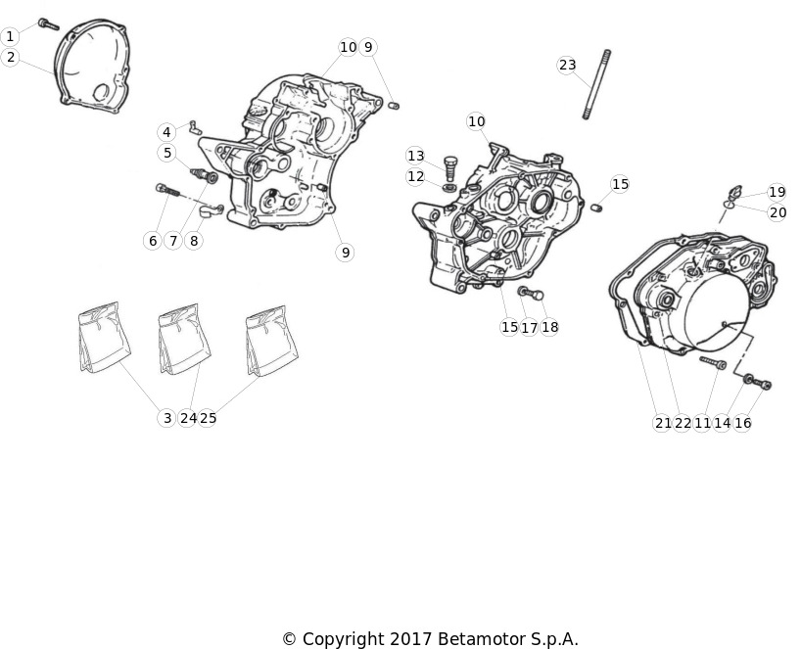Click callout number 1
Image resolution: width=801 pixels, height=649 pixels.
pos(10,37)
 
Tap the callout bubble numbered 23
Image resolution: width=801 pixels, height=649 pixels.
pos(567,65)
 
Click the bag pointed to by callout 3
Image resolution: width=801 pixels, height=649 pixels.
pos(104,336)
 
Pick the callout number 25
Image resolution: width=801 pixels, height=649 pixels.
pos(208,418)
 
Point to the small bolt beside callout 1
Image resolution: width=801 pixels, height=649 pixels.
pos(49,24)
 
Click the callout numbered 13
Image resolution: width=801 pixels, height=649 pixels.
pos(416,156)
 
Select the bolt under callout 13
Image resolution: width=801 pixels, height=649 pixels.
pos(449,168)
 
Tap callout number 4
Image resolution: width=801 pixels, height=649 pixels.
pos(166,132)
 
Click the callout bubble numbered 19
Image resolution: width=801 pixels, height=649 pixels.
pos(777,192)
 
